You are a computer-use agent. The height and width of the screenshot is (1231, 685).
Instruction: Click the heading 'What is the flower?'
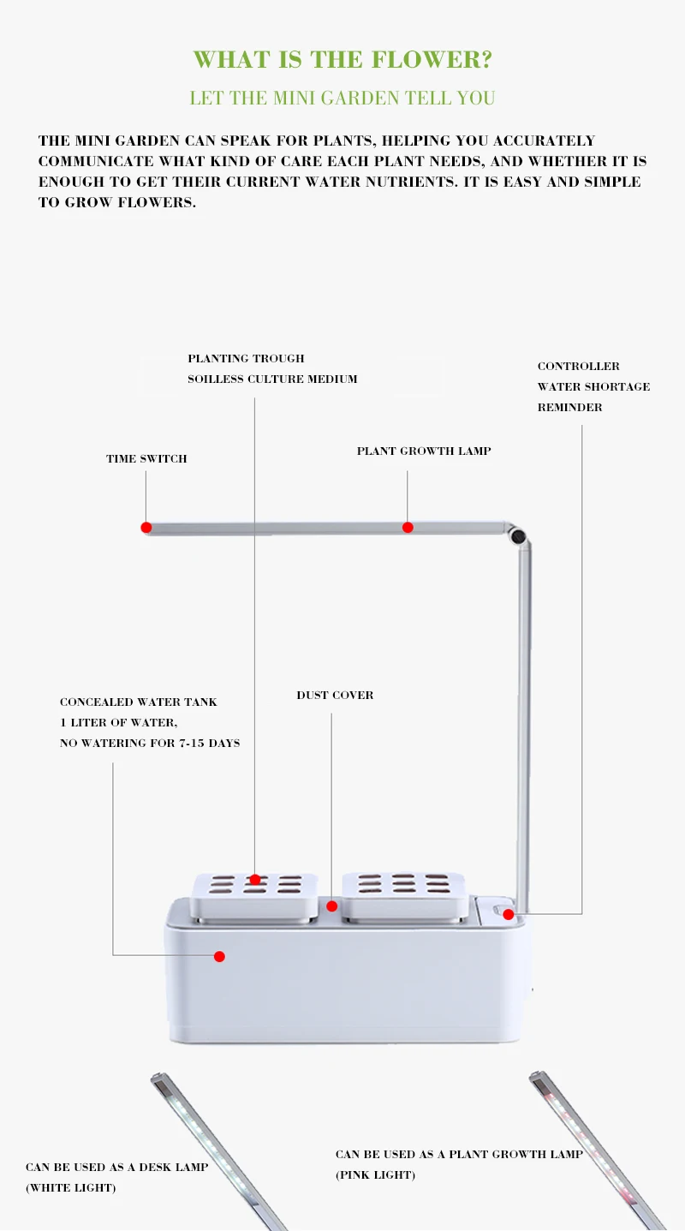[x=342, y=59]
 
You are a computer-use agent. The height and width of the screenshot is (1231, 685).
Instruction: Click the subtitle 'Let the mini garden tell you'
[x=342, y=98]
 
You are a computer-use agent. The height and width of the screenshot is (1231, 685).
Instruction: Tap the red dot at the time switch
[x=146, y=528]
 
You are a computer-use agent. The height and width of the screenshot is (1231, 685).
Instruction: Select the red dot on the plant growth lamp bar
[x=408, y=528]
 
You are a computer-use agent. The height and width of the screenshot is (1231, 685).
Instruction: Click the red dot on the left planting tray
[x=255, y=880]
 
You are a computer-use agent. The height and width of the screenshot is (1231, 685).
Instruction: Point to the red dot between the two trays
[x=331, y=906]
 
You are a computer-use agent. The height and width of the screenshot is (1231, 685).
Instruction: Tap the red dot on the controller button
[x=509, y=914]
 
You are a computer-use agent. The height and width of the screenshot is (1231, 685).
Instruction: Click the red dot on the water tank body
[x=220, y=957]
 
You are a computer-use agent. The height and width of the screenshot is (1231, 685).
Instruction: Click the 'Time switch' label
[x=146, y=459]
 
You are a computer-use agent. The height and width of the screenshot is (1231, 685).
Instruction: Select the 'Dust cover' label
[x=335, y=696]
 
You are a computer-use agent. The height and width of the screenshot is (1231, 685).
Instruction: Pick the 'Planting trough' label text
[x=246, y=358]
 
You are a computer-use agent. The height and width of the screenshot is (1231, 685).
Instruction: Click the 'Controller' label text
[x=579, y=366]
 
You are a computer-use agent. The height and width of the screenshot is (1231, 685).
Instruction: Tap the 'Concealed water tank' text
[x=139, y=702]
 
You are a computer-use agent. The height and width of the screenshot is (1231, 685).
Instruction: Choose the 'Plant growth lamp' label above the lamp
[x=424, y=451]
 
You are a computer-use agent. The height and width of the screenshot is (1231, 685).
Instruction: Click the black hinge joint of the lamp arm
[x=517, y=535]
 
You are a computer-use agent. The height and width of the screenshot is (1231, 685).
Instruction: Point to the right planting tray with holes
[x=405, y=896]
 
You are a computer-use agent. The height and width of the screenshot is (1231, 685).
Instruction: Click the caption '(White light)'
[x=71, y=1188]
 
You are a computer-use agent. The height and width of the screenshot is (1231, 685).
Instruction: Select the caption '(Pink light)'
[x=375, y=1175]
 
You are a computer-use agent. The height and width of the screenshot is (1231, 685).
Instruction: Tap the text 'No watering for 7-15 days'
[x=150, y=743]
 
